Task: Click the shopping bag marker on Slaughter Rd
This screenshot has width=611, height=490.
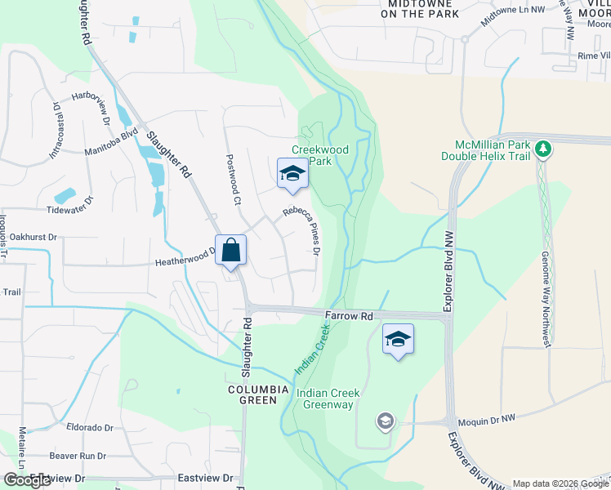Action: [231, 251]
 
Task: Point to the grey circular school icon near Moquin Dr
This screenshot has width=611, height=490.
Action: [385, 421]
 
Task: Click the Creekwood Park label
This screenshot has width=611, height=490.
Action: [321, 155]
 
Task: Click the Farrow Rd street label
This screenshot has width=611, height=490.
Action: [348, 316]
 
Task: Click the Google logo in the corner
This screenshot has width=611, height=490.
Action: [27, 480]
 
